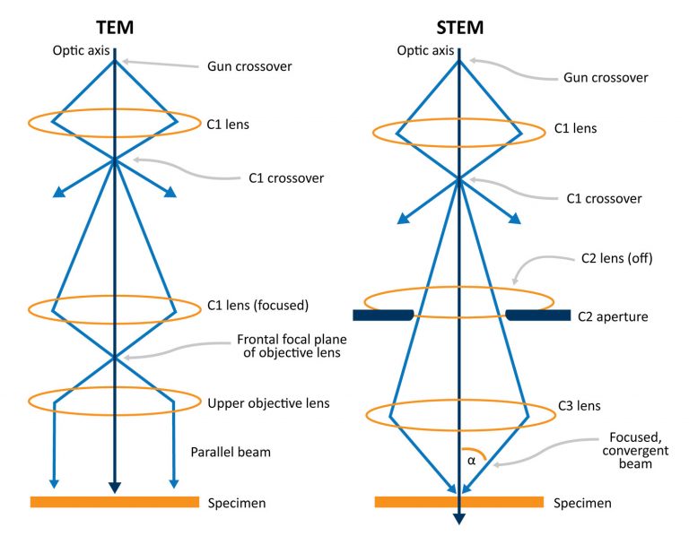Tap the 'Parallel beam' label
pos(231,452)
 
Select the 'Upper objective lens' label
pos(268,403)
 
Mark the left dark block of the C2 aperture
pos(383,316)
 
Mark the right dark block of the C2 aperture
pos(538,316)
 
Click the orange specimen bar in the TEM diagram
pos(115,502)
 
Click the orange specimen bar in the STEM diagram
pos(458,502)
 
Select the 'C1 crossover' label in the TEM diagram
pos(286,177)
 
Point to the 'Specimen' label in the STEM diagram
pos(582,503)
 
